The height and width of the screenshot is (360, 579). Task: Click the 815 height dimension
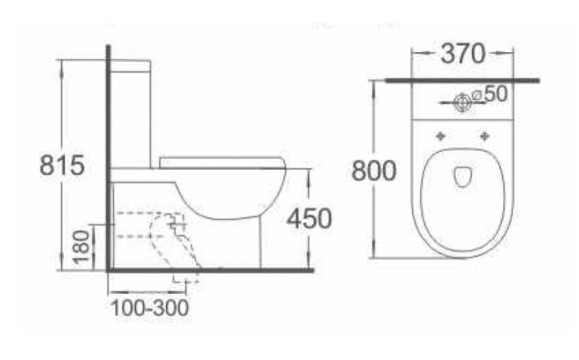(62, 165)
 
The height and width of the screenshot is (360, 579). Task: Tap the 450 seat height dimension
(310, 219)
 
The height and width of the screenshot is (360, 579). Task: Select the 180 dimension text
(81, 247)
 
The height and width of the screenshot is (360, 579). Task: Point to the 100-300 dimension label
(150, 308)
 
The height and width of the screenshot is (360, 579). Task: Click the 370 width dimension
(463, 54)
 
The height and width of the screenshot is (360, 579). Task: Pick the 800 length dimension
(374, 171)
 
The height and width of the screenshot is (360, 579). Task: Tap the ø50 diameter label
(490, 94)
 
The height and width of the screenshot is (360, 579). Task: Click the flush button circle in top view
(463, 102)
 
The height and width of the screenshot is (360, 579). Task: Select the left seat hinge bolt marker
(440, 136)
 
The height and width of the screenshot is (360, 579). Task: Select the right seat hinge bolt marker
(484, 136)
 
